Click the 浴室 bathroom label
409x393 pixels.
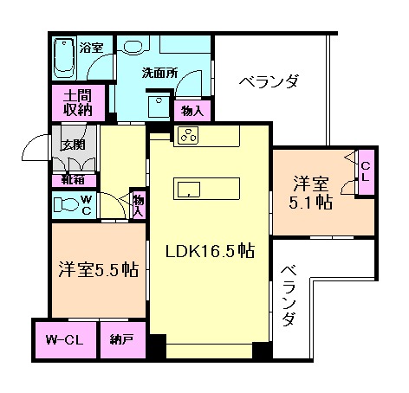click(x=91, y=48)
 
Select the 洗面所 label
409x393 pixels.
click(x=159, y=74)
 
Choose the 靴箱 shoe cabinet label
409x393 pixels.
click(x=73, y=179)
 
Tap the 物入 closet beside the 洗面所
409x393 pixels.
click(x=192, y=110)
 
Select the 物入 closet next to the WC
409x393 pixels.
click(x=138, y=206)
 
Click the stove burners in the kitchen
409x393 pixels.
click(x=189, y=134)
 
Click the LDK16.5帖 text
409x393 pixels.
click(x=210, y=251)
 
